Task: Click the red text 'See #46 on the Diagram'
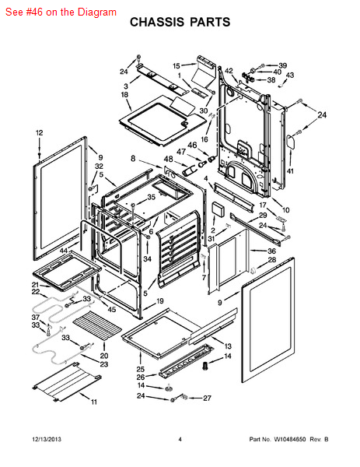click(61, 12)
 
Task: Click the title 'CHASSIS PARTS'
click(180, 22)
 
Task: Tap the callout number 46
click(192, 145)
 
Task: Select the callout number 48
click(169, 159)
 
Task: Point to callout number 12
click(40, 133)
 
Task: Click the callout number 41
click(290, 171)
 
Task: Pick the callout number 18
click(124, 94)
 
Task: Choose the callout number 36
click(271, 251)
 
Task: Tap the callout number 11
click(94, 402)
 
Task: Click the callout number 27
click(207, 398)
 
